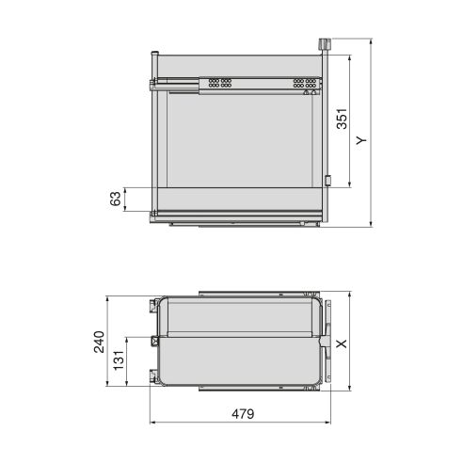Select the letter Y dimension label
(362, 139)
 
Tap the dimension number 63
(116, 199)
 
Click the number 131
(120, 361)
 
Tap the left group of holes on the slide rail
(221, 84)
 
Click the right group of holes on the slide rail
(304, 84)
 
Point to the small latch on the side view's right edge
(327, 181)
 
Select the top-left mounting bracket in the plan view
(152, 305)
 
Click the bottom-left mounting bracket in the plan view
(152, 378)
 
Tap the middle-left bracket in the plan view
(152, 341)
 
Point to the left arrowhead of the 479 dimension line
(152, 423)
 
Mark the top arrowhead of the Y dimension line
(371, 42)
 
